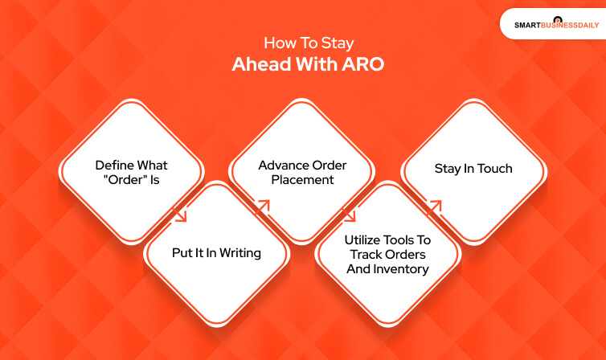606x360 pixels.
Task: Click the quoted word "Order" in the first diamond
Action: pyautogui.click(x=122, y=180)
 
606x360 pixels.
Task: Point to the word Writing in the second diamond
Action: pyautogui.click(x=240, y=252)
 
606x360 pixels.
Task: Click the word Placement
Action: pyautogui.click(x=302, y=180)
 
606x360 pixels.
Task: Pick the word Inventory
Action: pyautogui.click(x=400, y=268)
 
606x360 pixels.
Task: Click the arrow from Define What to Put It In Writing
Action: pyautogui.click(x=179, y=214)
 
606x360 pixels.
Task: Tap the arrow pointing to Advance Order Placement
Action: pyautogui.click(x=264, y=206)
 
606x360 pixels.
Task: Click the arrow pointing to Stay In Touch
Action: pyautogui.click(x=435, y=207)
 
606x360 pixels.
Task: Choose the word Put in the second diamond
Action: pyautogui.click(x=182, y=252)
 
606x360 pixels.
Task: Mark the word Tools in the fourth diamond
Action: pyautogui.click(x=415, y=239)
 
